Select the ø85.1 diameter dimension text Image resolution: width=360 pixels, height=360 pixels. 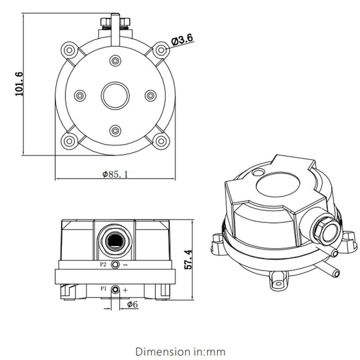click(x=115, y=175)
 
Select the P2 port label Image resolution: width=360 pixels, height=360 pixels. click(x=103, y=265)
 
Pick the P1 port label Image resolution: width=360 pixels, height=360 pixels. click(x=103, y=288)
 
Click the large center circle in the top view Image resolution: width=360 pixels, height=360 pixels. click(x=115, y=95)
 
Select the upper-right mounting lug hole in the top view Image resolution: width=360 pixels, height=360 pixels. click(x=161, y=50)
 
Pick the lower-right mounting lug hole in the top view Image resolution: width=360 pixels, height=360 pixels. click(x=161, y=141)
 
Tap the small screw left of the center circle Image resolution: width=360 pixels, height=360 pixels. click(x=80, y=95)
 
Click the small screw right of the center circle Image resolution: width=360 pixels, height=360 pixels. click(x=150, y=95)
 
